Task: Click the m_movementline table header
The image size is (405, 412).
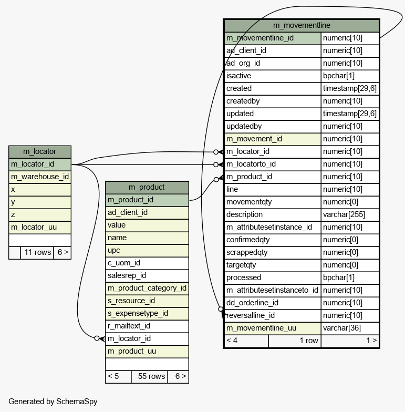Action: (x=302, y=25)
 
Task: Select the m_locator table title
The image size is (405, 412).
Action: (x=40, y=152)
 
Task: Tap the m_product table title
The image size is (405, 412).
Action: (x=147, y=187)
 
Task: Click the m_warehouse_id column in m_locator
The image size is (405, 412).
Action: (x=40, y=177)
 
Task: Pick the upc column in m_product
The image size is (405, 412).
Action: (x=147, y=250)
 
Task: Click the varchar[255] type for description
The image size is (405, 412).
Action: (x=349, y=214)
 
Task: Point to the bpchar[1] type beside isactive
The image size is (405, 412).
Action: (x=349, y=76)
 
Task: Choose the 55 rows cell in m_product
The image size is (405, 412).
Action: (x=149, y=376)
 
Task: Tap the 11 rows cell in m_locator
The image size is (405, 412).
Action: (x=37, y=252)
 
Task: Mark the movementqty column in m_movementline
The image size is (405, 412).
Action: (x=272, y=202)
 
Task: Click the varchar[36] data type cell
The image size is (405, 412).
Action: (x=349, y=328)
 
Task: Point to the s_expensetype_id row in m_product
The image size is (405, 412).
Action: (x=147, y=313)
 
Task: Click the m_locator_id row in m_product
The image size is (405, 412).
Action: (x=147, y=338)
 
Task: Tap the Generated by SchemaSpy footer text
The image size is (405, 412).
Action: (x=53, y=401)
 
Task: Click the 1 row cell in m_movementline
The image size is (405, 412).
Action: (x=308, y=341)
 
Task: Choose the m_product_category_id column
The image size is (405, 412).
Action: (x=147, y=288)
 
